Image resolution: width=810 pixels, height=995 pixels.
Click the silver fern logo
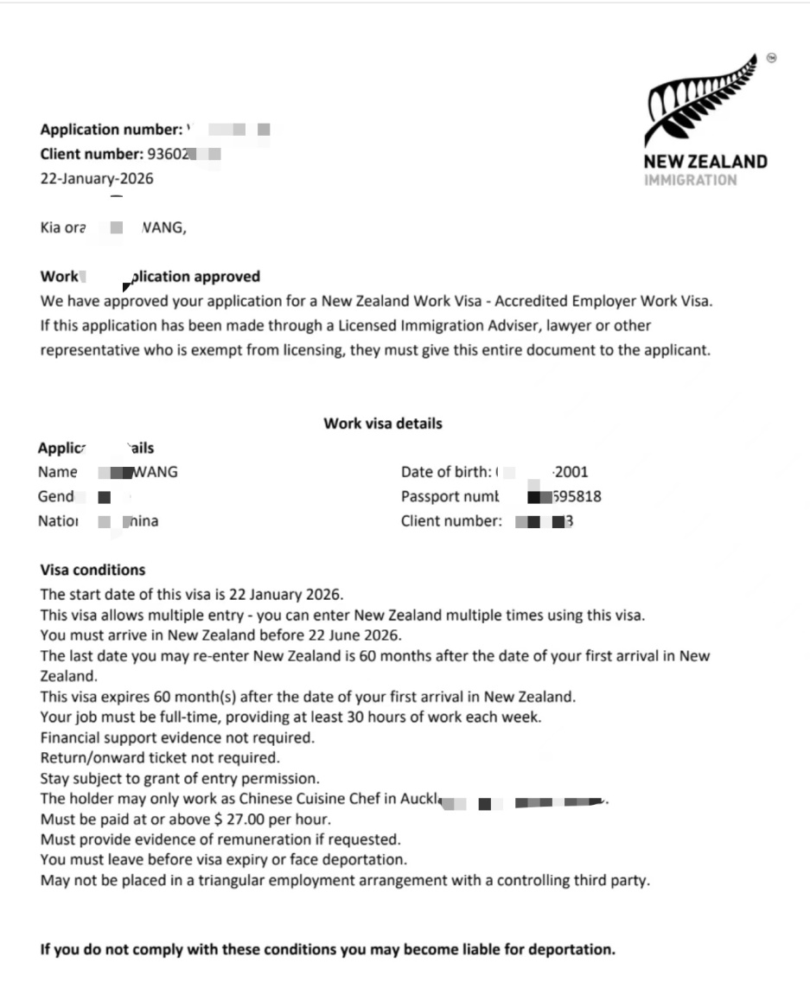tap(702, 102)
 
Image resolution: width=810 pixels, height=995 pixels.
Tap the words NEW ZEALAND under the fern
tap(705, 162)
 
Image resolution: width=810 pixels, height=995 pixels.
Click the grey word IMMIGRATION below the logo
tap(691, 180)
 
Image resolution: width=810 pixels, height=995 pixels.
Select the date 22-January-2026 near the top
tap(98, 179)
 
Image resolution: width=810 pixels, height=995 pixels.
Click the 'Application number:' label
tap(111, 130)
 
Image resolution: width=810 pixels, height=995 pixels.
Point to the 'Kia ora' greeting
tap(62, 228)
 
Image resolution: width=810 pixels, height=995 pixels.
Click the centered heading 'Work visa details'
tap(382, 424)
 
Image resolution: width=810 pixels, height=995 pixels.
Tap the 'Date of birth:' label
tap(446, 472)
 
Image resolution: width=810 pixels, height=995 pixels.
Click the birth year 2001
tap(571, 472)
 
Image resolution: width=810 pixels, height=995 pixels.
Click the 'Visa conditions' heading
tap(92, 570)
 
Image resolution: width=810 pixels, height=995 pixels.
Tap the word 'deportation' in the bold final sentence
tap(571, 948)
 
